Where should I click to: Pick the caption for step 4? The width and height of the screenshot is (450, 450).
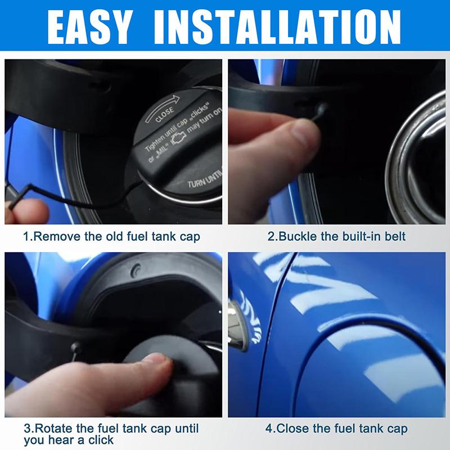click(336, 429)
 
